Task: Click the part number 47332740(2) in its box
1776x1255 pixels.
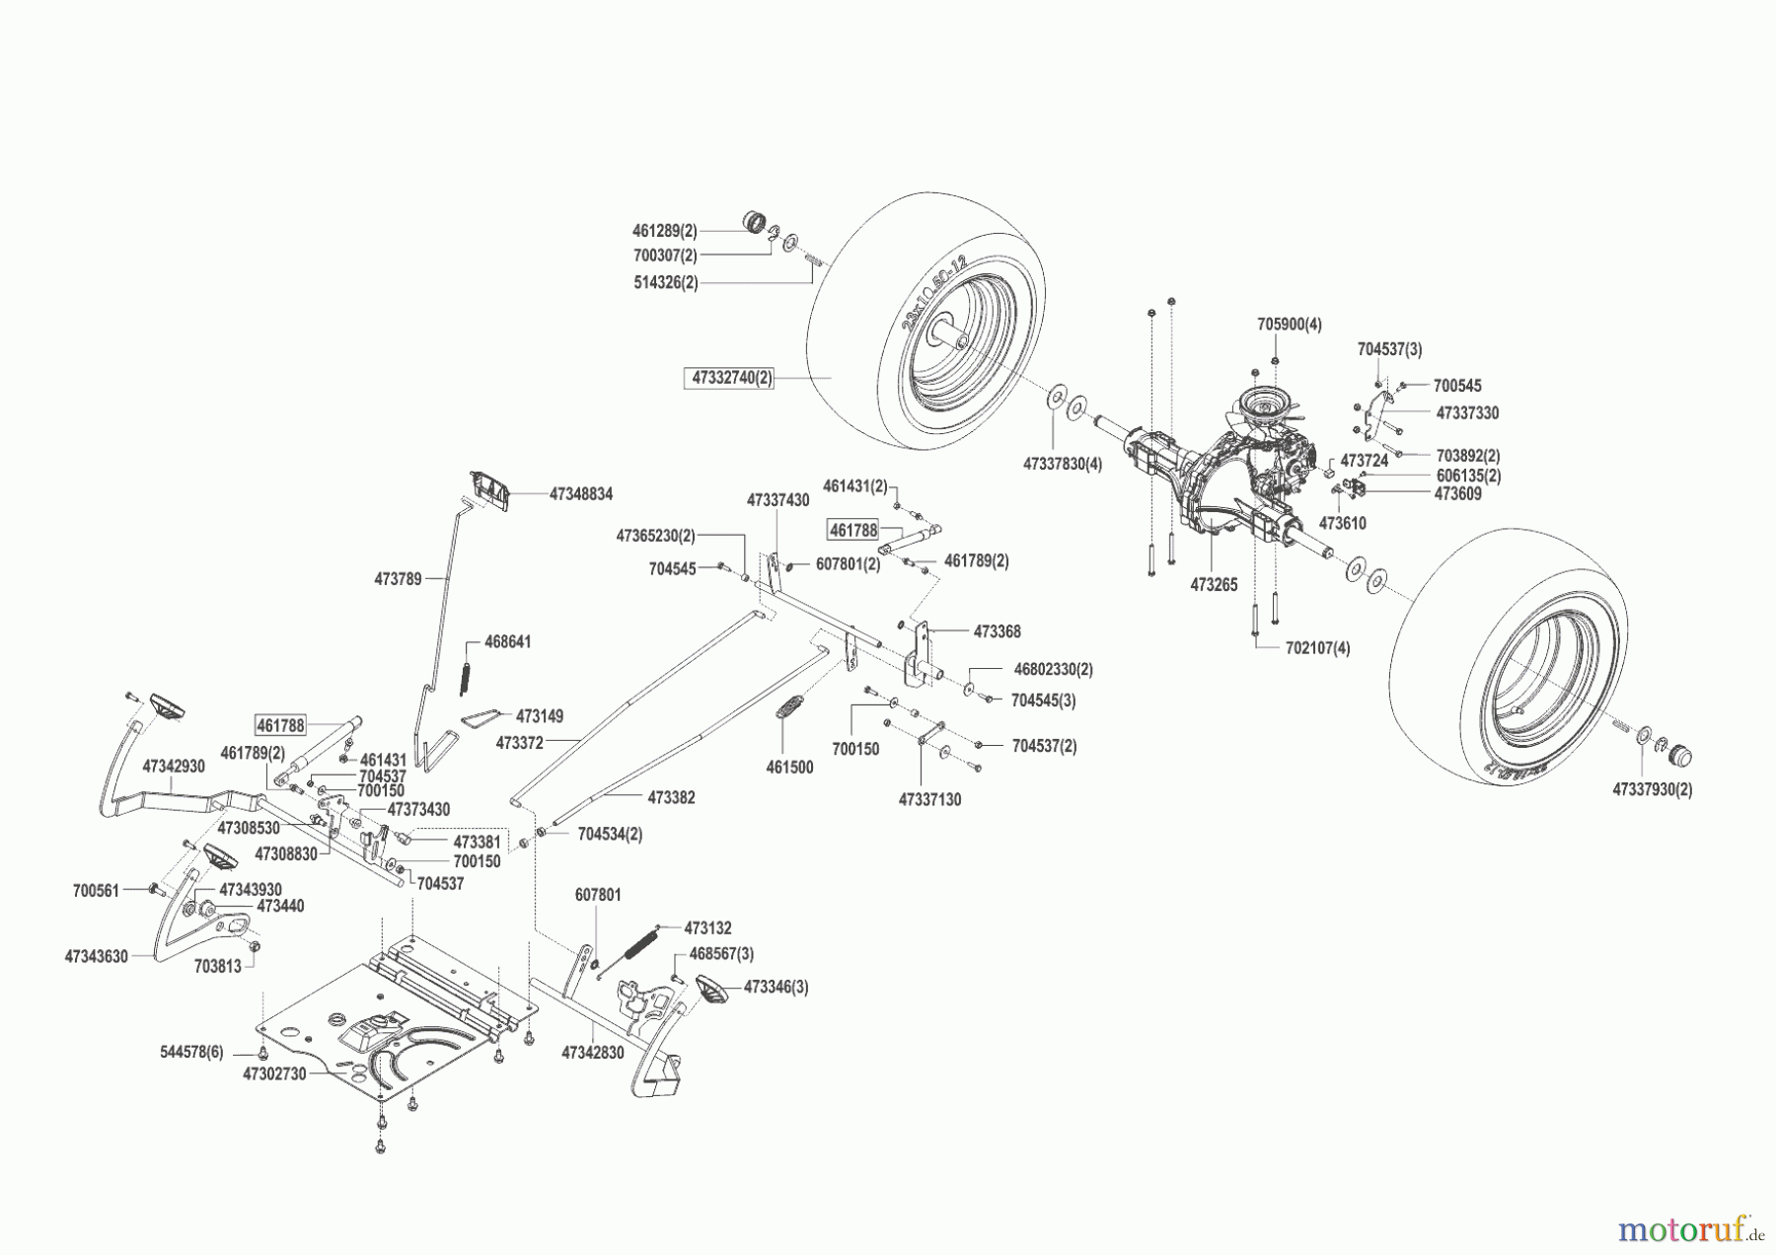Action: (x=731, y=378)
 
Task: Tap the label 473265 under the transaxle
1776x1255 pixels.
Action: (x=1213, y=585)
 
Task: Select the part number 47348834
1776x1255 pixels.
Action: (x=580, y=493)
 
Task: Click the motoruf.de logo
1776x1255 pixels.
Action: (x=1690, y=1229)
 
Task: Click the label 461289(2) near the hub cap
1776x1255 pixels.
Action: (x=664, y=231)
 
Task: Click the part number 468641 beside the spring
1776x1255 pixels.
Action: (x=507, y=642)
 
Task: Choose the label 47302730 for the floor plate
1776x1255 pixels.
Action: (x=275, y=1074)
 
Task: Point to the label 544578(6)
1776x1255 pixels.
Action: (x=191, y=1052)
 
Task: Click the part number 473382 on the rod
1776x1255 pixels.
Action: (x=671, y=797)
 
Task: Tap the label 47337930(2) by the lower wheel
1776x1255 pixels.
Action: (x=1652, y=789)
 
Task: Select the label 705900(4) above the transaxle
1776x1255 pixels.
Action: (x=1289, y=324)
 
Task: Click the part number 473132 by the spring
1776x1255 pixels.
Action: (x=707, y=928)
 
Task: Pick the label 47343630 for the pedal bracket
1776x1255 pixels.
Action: (x=97, y=956)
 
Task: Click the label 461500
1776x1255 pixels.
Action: (x=789, y=767)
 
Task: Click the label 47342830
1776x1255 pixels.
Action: (x=593, y=1053)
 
